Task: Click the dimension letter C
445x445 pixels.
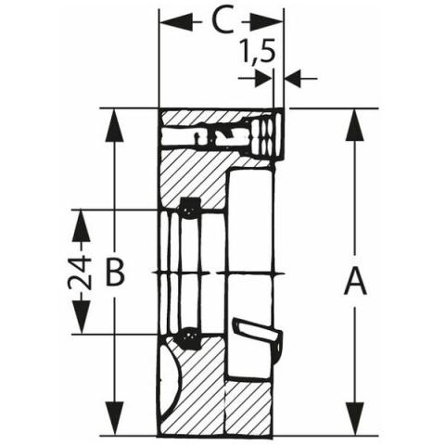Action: click(x=222, y=22)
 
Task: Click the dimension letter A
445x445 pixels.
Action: click(x=355, y=282)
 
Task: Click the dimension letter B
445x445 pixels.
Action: click(x=115, y=273)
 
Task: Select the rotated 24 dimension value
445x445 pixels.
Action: click(x=80, y=272)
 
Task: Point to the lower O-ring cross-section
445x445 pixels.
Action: click(x=187, y=338)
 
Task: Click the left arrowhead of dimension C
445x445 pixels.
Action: click(x=175, y=22)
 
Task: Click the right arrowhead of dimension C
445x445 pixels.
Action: click(x=267, y=22)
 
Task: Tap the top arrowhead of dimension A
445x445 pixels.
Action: click(x=355, y=125)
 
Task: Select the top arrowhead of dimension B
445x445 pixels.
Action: click(x=115, y=125)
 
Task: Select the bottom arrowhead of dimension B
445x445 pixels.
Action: click(x=115, y=418)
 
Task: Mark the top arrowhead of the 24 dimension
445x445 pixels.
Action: click(x=81, y=225)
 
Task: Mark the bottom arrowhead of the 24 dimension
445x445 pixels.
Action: click(x=81, y=318)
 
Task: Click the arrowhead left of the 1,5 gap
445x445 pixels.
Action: click(x=263, y=79)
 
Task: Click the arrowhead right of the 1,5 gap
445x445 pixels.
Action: click(x=293, y=79)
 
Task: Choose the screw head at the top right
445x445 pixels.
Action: click(x=267, y=136)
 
